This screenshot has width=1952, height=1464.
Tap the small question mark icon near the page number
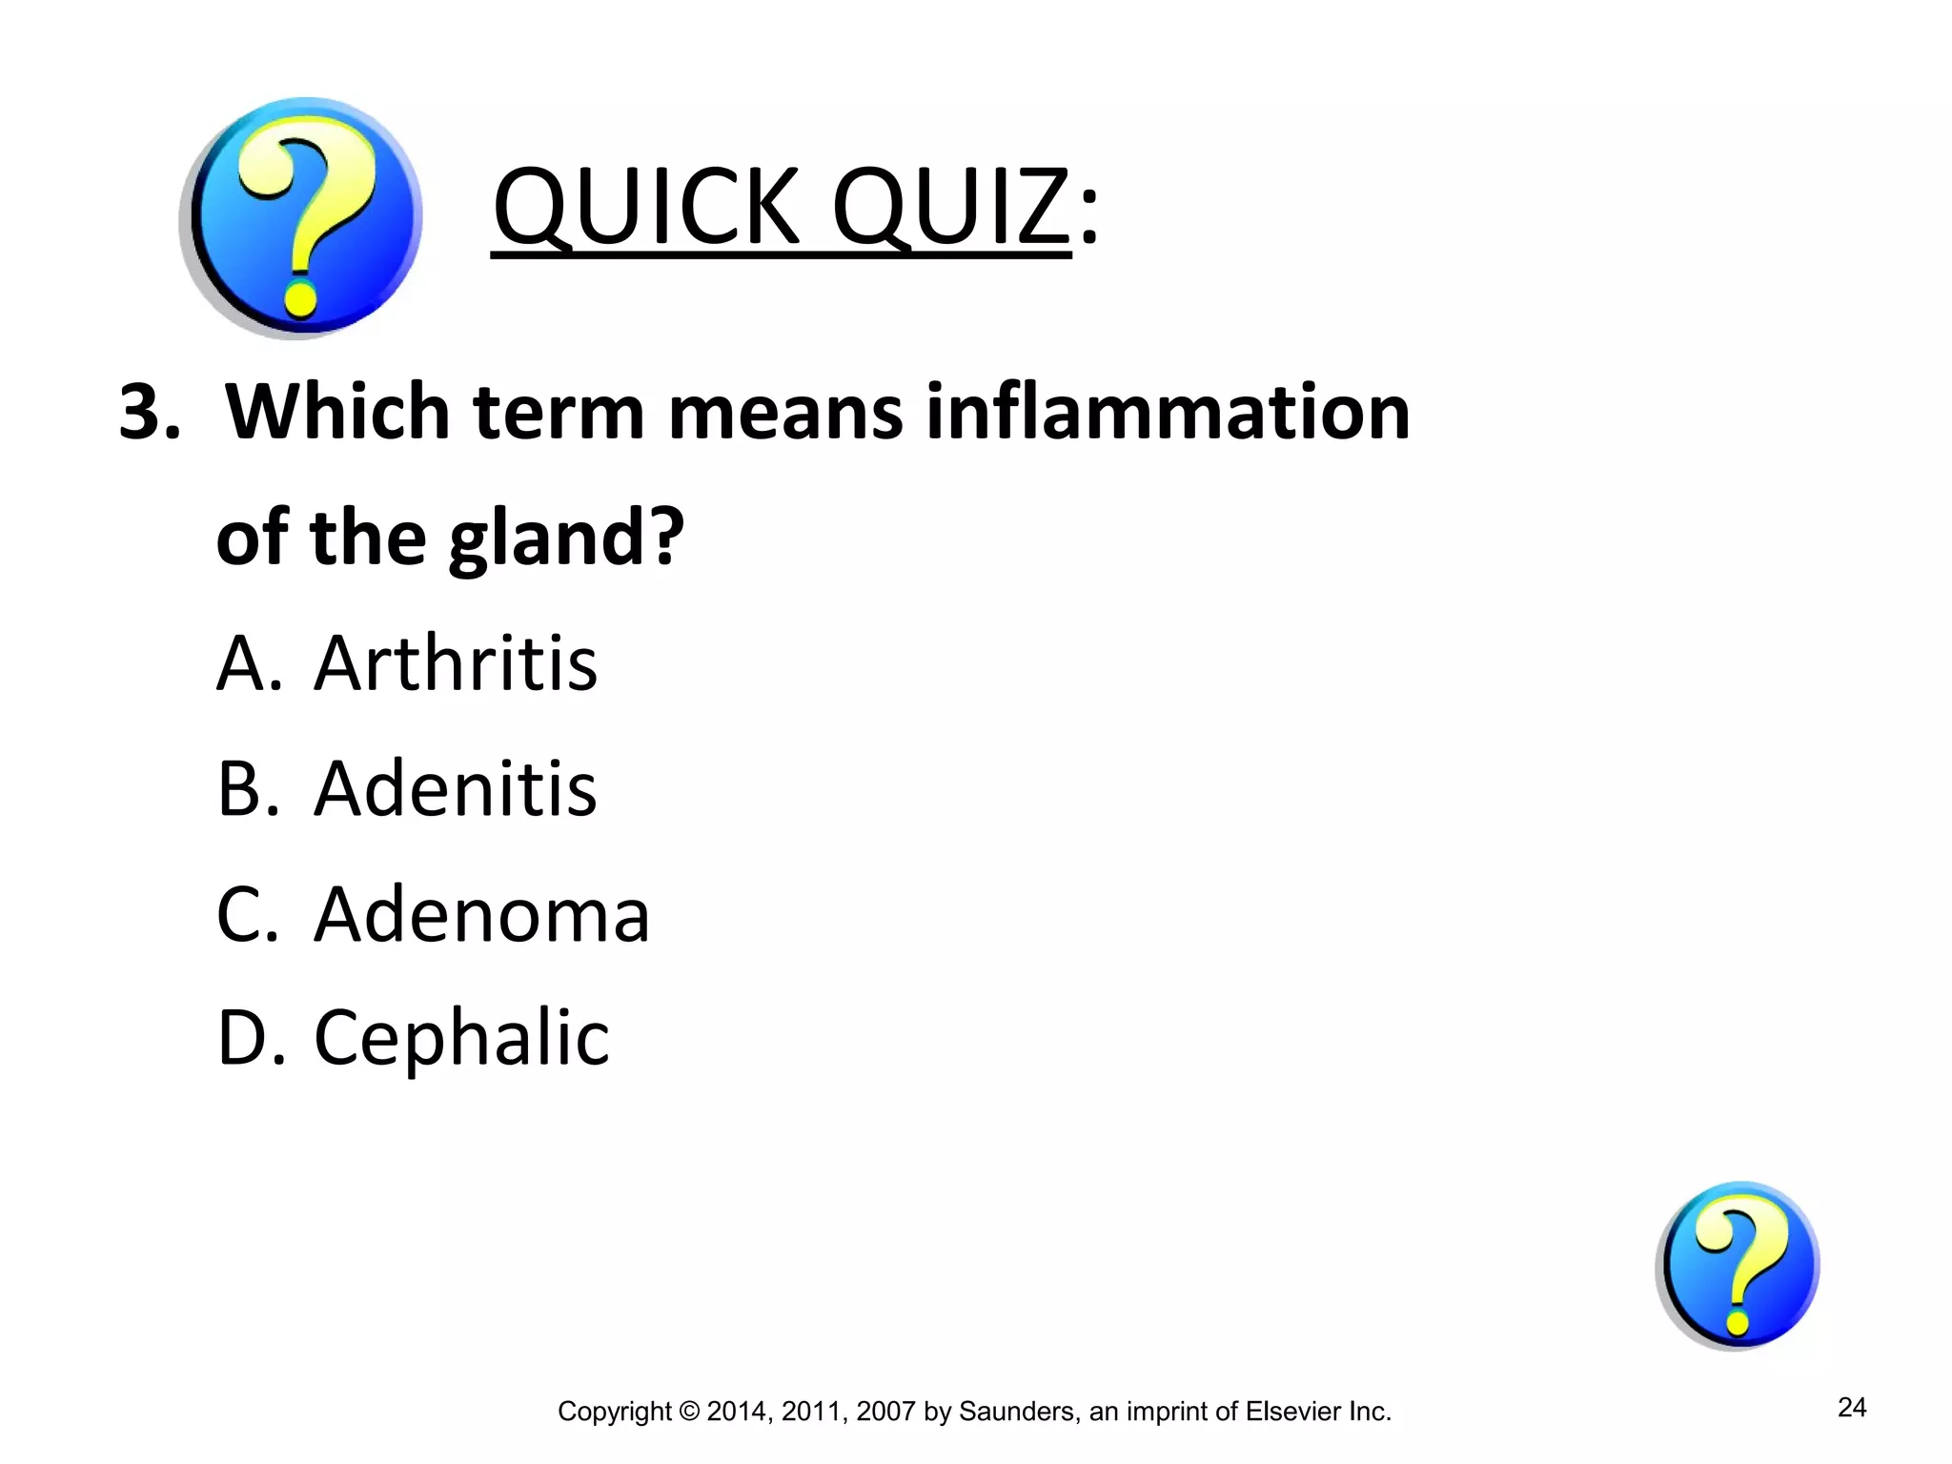tap(1738, 1266)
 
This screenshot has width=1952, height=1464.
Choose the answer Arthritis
tap(456, 662)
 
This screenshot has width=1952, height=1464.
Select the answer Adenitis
tap(456, 788)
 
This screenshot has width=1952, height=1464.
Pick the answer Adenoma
tap(481, 914)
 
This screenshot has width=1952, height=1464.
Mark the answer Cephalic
tap(461, 1039)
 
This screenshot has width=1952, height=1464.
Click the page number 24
tap(1851, 1408)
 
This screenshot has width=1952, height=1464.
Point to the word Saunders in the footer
tap(1018, 1412)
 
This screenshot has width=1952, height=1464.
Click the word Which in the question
tap(336, 413)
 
